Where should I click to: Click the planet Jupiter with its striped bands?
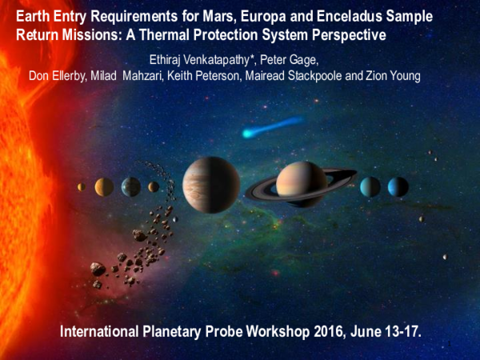211,185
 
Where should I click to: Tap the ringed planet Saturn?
302,186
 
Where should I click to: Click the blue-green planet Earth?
131,187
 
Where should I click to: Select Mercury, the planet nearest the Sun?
81,187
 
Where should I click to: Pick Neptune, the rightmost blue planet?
398,187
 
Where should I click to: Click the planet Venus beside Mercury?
104,187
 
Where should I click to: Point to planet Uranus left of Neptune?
370,187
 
